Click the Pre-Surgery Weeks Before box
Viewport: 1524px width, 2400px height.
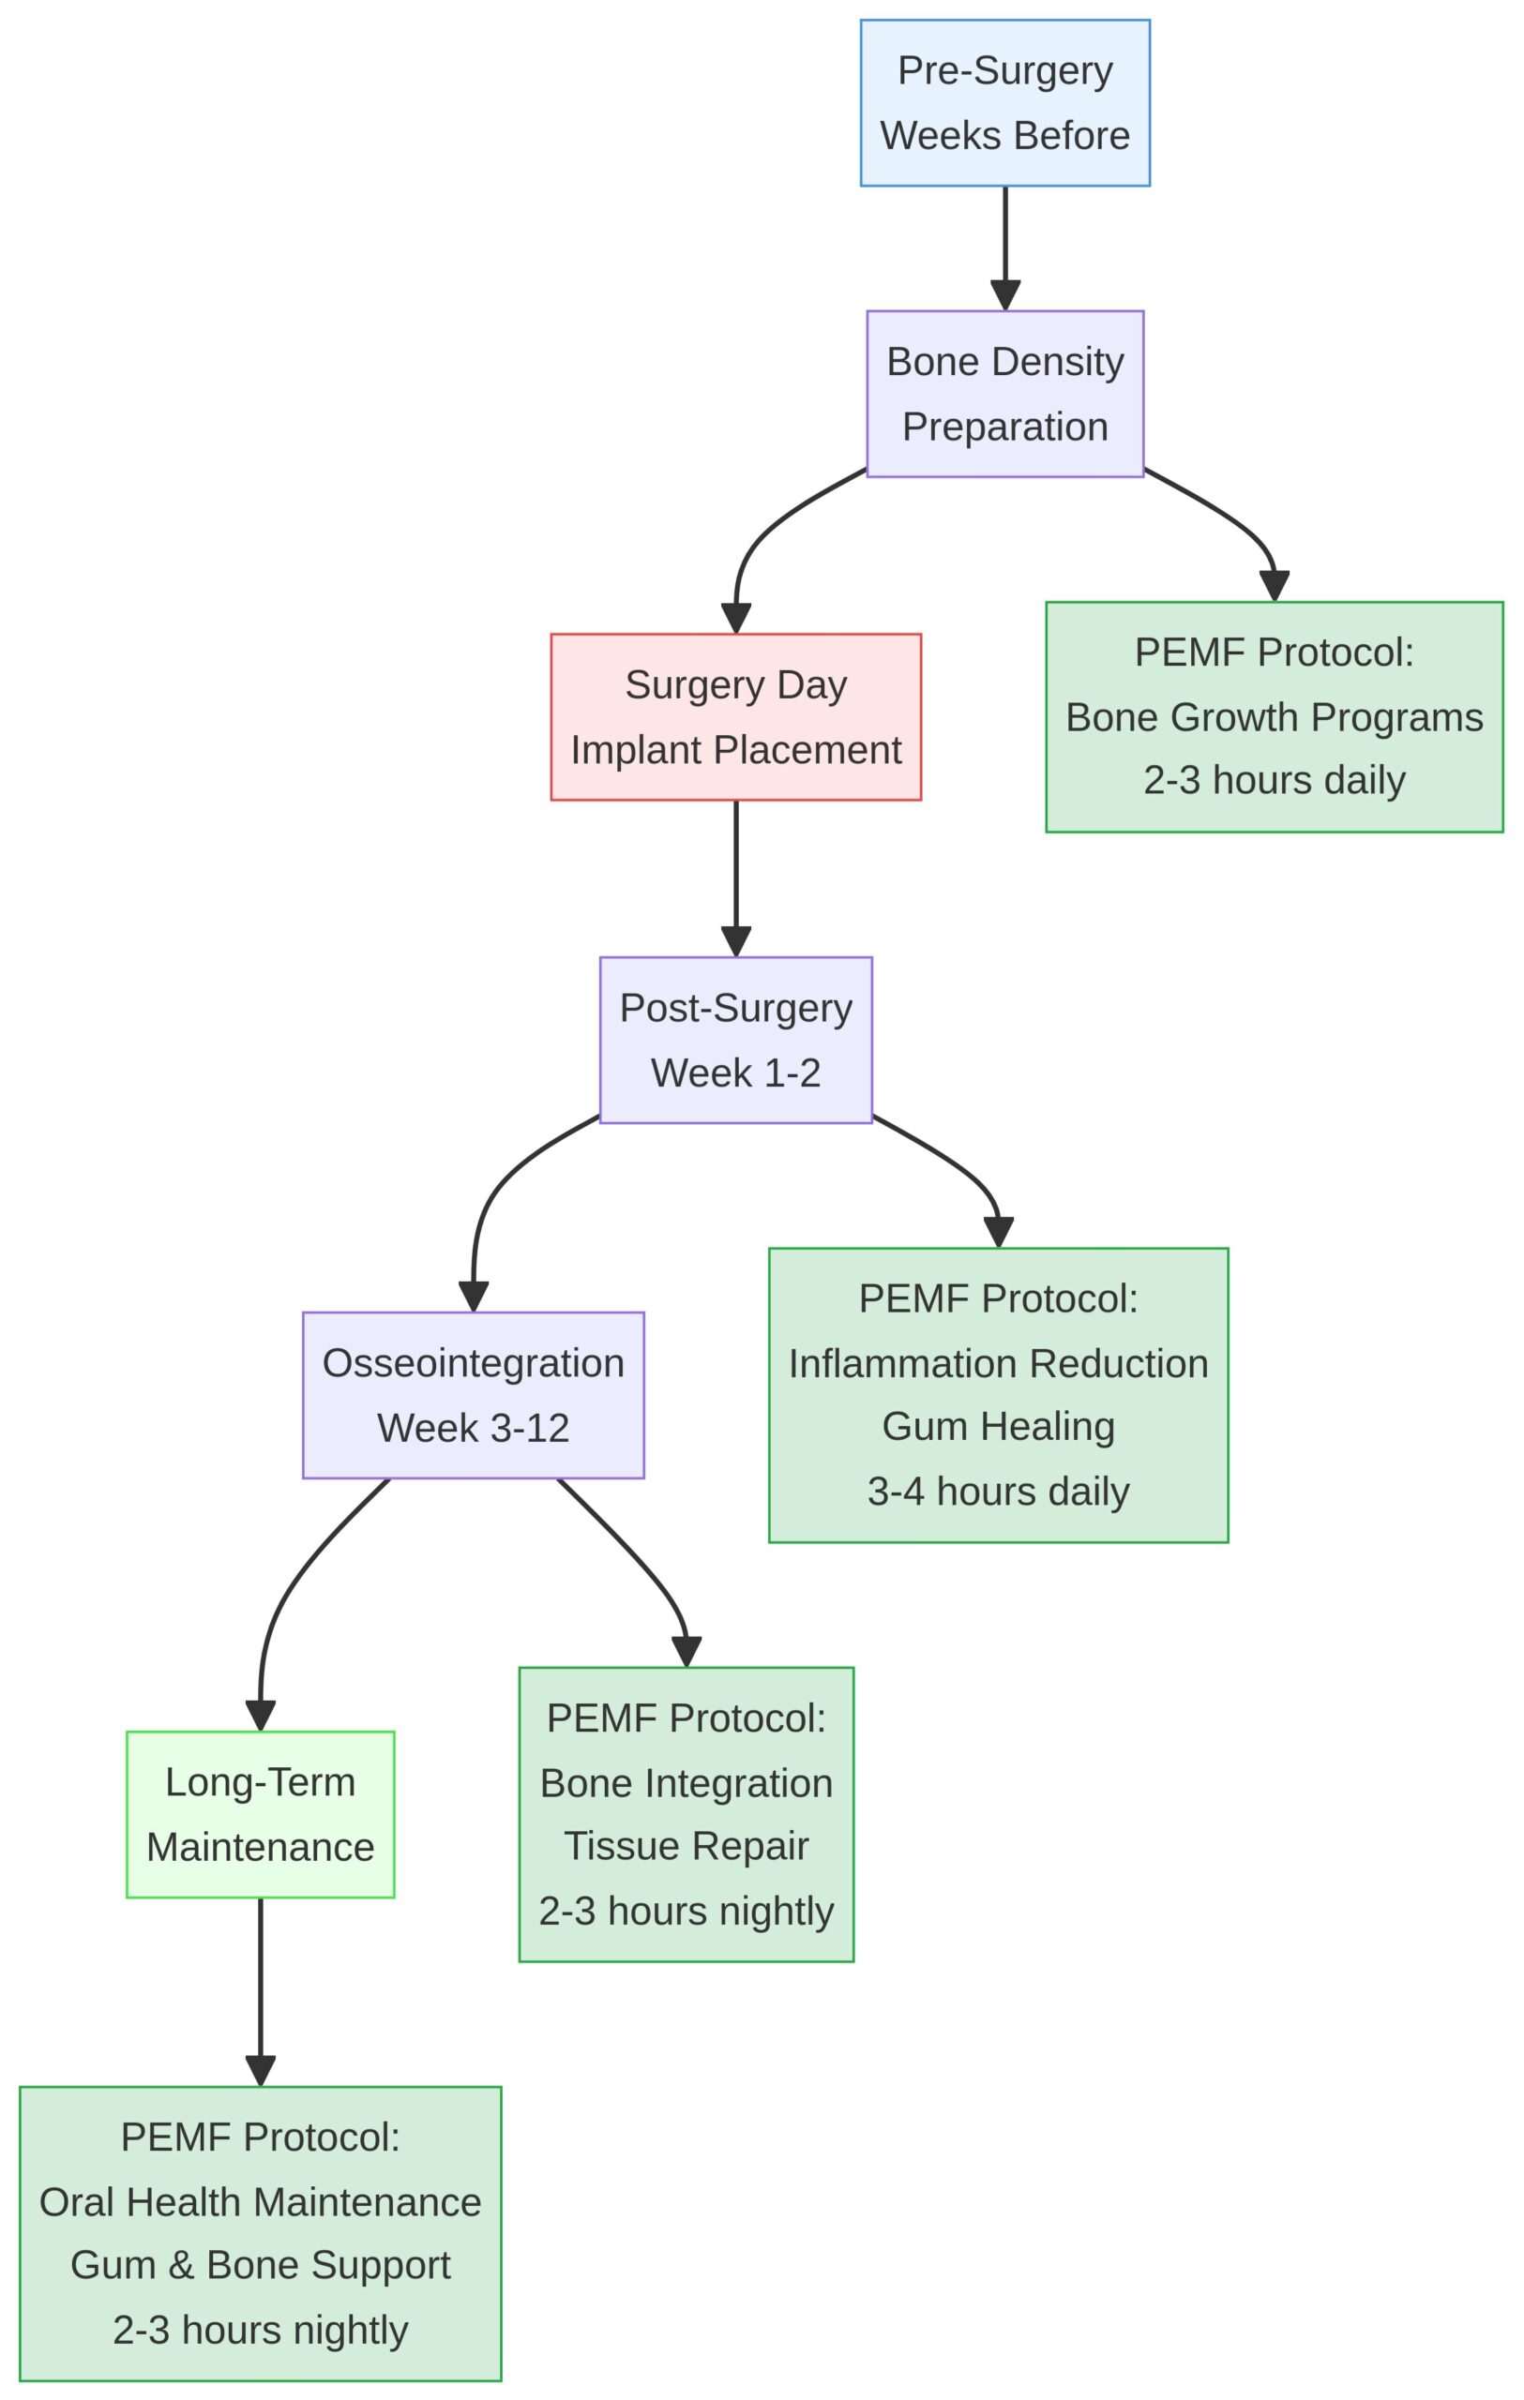click(x=1004, y=103)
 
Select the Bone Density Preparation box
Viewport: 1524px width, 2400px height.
click(x=1004, y=394)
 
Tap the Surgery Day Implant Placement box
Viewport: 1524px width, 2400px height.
click(x=735, y=716)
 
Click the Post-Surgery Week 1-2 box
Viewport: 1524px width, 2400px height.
click(x=735, y=1040)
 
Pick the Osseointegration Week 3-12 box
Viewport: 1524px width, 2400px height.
click(x=474, y=1394)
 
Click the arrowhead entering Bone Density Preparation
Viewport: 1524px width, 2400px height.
click(x=1004, y=296)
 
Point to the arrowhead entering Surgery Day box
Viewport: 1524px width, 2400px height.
click(x=735, y=618)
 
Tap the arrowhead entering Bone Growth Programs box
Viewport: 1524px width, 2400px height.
click(x=1274, y=586)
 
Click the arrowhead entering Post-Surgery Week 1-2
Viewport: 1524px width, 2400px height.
click(x=735, y=942)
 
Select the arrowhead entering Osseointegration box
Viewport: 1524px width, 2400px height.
click(x=474, y=1297)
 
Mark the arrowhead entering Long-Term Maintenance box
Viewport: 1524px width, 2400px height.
click(x=260, y=1717)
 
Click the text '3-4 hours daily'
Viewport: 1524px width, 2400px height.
click(x=998, y=1491)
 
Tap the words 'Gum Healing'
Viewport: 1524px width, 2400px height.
click(x=998, y=1425)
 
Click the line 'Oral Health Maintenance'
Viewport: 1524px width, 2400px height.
click(x=260, y=2200)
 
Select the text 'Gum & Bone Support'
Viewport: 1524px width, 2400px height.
click(x=260, y=2264)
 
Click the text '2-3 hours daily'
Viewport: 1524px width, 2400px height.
click(x=1274, y=779)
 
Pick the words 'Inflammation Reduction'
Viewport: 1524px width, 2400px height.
click(x=998, y=1362)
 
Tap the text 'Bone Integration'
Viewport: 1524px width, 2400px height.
click(x=686, y=1782)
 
